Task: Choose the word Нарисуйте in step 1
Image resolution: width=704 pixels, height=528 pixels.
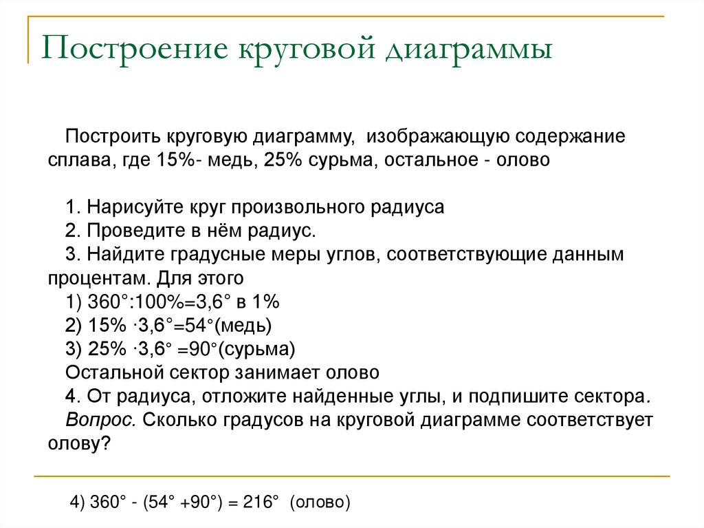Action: tap(135, 207)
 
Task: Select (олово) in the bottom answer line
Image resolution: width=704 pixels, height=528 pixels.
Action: tap(320, 502)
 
